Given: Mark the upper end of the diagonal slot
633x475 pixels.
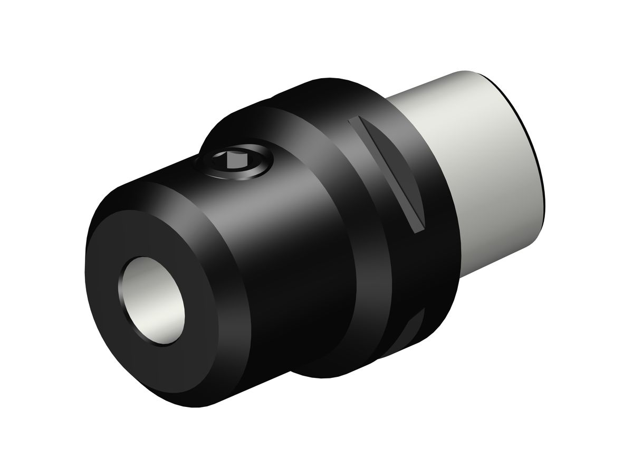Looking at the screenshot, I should pyautogui.click(x=354, y=122).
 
